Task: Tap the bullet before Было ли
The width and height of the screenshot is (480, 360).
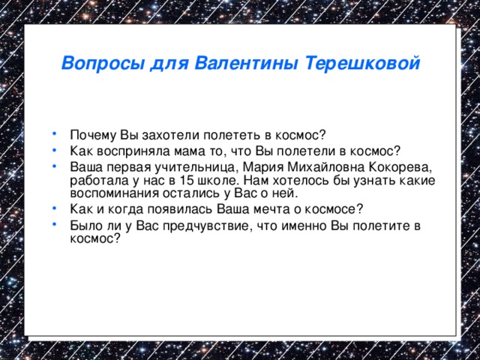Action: pyautogui.click(x=56, y=223)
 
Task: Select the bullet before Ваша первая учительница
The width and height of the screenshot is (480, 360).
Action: pyautogui.click(x=56, y=165)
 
